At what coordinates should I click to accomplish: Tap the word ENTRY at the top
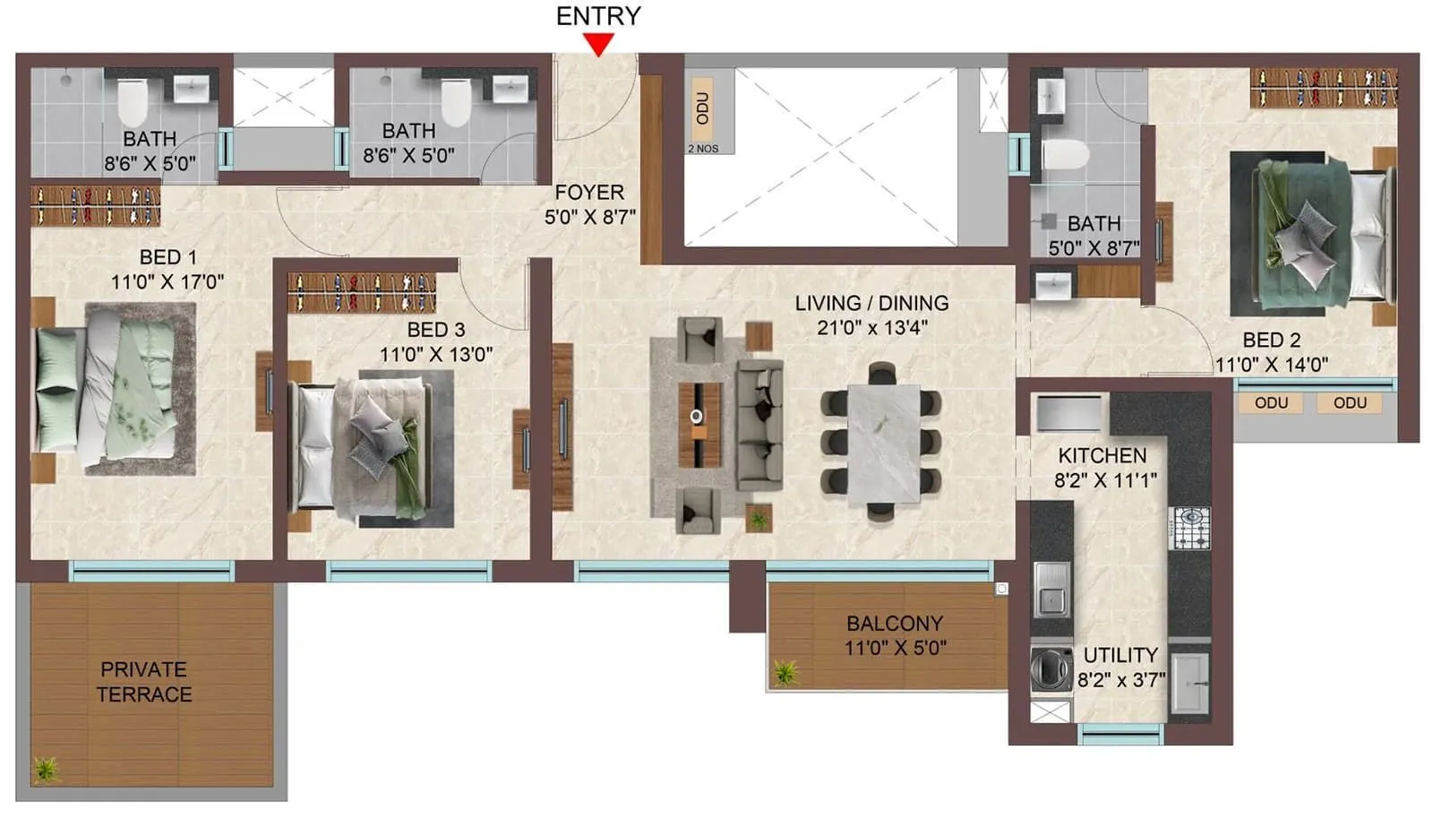point(597,16)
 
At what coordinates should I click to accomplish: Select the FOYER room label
point(588,193)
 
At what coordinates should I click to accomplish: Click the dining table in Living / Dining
point(883,443)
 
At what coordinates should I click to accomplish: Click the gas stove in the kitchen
point(1190,528)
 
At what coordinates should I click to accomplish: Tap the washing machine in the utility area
point(1051,668)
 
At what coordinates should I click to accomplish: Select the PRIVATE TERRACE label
point(143,682)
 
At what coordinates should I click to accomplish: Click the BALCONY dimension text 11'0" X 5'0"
point(895,648)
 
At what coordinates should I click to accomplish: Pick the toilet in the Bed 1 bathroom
point(133,101)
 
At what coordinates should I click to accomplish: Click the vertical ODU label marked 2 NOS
point(703,108)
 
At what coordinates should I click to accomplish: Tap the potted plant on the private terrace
point(46,769)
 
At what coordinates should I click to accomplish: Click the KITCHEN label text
point(1102,455)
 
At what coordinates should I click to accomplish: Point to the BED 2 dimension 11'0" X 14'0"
point(1271,365)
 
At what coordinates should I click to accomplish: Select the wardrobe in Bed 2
point(1323,89)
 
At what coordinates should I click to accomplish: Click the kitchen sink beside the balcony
point(1051,589)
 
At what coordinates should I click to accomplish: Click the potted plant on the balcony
point(786,672)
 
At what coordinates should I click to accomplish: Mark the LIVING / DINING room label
point(871,303)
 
